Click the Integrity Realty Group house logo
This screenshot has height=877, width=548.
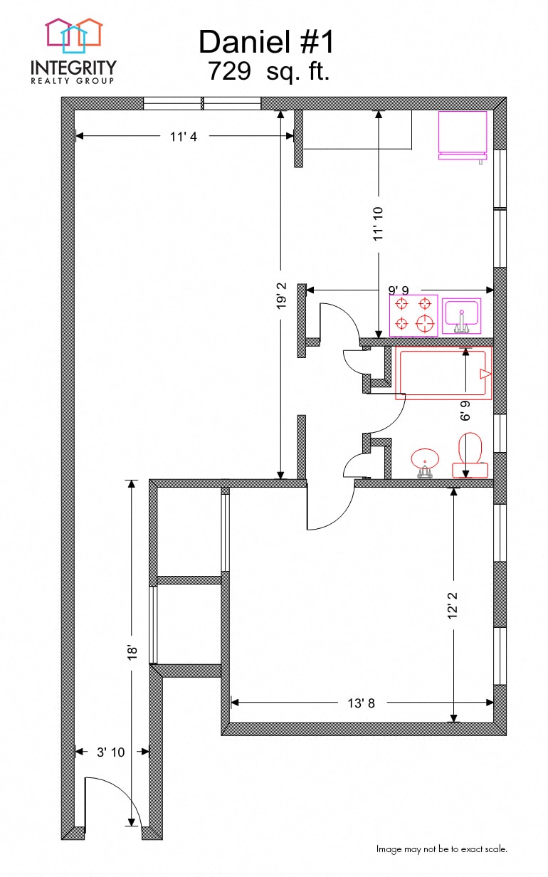[73, 36]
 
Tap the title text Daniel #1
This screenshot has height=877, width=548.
[265, 42]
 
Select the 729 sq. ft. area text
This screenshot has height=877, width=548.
[268, 72]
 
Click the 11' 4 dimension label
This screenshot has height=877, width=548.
[183, 137]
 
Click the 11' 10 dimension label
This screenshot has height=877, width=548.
[379, 223]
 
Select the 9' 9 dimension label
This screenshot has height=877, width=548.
[399, 290]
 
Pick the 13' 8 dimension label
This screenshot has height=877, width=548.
[361, 703]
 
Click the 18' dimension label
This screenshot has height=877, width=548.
[131, 653]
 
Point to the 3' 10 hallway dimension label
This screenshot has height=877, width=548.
[110, 752]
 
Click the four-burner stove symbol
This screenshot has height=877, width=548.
[413, 315]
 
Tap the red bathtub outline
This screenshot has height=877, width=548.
[443, 374]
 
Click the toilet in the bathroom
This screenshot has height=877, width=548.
[470, 456]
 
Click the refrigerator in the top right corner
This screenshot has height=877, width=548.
[463, 135]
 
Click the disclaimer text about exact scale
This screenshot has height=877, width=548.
[441, 849]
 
